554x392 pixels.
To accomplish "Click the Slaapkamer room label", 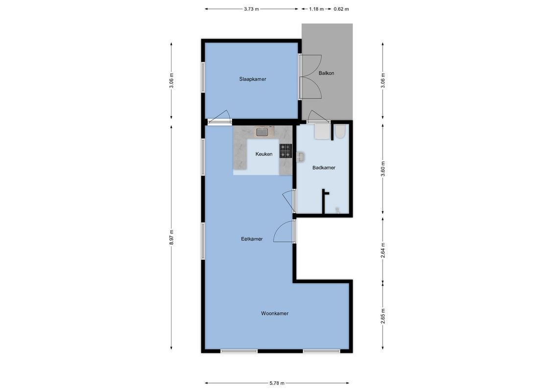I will [x=252, y=79].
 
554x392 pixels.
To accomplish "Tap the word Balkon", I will [x=326, y=73].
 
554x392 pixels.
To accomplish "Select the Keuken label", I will [x=264, y=154].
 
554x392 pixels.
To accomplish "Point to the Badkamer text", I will [x=324, y=168].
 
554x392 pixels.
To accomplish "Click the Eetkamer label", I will [x=252, y=239].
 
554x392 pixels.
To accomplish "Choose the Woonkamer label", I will [x=274, y=313].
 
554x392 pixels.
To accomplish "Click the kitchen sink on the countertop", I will [x=262, y=131].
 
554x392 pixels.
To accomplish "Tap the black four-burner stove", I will [x=285, y=150].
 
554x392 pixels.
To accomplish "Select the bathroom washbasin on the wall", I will [x=300, y=157].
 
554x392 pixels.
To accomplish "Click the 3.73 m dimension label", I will [x=251, y=9].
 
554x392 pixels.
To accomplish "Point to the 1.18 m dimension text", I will [x=316, y=9].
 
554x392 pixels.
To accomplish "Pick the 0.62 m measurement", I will [x=341, y=9].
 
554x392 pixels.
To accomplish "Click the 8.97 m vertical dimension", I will [x=171, y=238].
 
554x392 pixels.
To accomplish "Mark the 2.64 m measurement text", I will [x=383, y=250].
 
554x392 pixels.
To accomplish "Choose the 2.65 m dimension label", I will [x=383, y=316].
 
